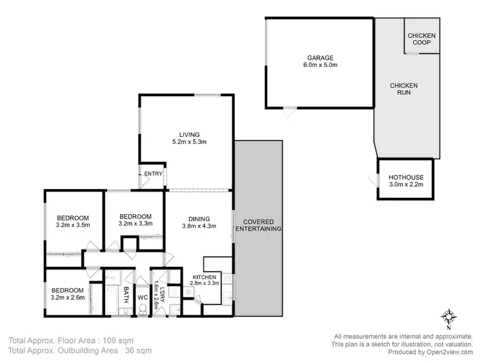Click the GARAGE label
pyautogui.click(x=320, y=57)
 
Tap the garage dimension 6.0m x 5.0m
pyautogui.click(x=320, y=65)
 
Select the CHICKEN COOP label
pyautogui.click(x=421, y=39)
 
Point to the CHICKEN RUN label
pyautogui.click(x=404, y=89)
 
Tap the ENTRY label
pyautogui.click(x=154, y=173)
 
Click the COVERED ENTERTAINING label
pyautogui.click(x=258, y=225)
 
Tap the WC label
pyautogui.click(x=143, y=297)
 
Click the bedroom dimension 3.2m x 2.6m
pyautogui.click(x=68, y=297)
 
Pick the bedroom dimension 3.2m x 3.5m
pyautogui.click(x=72, y=225)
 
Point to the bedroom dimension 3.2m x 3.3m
pyautogui.click(x=136, y=224)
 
